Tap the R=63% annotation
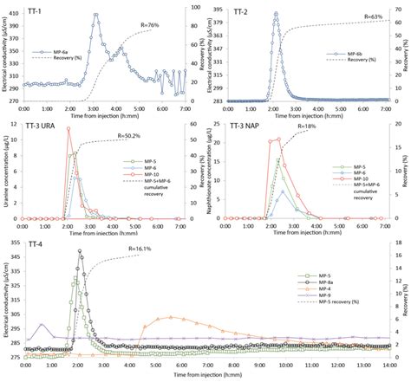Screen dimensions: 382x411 tap(375, 16)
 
